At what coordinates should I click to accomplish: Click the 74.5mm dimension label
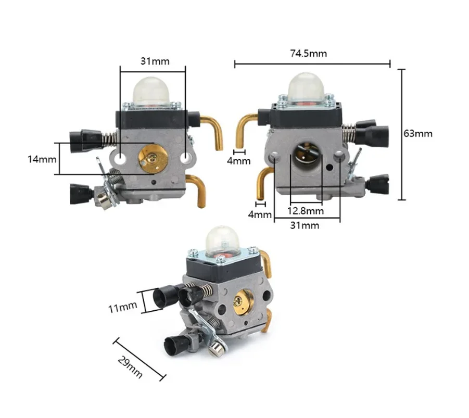(308, 54)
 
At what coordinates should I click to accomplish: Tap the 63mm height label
(418, 133)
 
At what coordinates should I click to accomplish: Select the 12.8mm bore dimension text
(306, 211)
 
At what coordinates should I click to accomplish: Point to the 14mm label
(42, 159)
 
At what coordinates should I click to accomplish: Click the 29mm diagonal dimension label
(130, 367)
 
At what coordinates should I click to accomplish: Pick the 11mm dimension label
(123, 307)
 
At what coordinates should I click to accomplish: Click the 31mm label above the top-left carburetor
(155, 61)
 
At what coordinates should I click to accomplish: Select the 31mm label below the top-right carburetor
(305, 225)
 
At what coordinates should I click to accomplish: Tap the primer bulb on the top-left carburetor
(152, 91)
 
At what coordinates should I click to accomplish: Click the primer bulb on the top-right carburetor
(307, 87)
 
